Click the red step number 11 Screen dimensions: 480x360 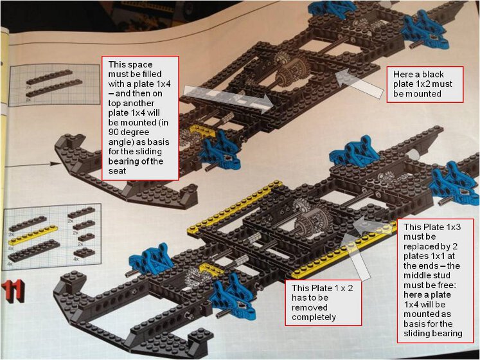pyautogui.click(x=13, y=292)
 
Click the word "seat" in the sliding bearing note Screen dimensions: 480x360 pyautogui.click(x=117, y=170)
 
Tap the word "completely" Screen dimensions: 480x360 pyautogui.click(x=314, y=317)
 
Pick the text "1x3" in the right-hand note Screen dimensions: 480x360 pyautogui.click(x=454, y=227)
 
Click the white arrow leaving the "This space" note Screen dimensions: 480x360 pyautogui.click(x=228, y=99)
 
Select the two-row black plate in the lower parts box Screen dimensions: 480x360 pyautogui.click(x=34, y=250)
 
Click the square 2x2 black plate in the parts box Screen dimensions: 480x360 pyautogui.click(x=84, y=252)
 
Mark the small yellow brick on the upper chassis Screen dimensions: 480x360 pyautogui.click(x=202, y=131)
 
